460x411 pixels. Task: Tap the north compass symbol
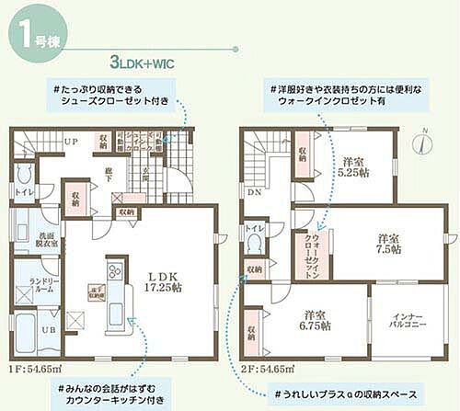(420, 144)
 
